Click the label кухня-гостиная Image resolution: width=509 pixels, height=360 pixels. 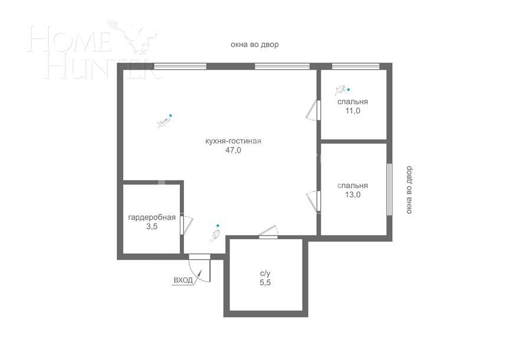[232, 141]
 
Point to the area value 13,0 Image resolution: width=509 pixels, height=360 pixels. [353, 194]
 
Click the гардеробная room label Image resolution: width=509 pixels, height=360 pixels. [152, 217]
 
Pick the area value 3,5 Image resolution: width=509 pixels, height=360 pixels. [152, 226]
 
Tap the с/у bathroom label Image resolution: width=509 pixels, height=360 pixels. [265, 273]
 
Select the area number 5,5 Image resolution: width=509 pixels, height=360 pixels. [265, 283]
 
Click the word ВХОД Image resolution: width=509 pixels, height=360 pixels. [183, 280]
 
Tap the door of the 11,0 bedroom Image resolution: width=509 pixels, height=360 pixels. [314, 110]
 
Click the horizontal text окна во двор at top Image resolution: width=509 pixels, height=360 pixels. [254, 44]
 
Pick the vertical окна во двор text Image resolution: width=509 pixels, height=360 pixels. [409, 189]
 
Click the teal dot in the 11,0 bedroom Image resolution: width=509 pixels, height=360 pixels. [348, 90]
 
